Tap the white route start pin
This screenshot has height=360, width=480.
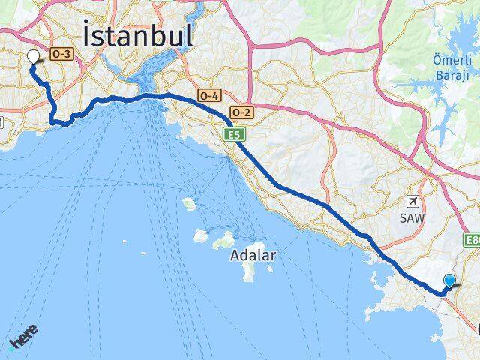(x=33, y=57)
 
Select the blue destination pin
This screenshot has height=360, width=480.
(x=449, y=281)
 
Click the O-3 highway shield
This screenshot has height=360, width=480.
(x=59, y=55)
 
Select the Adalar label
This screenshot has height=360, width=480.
(x=253, y=255)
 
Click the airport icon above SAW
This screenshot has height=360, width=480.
(x=412, y=201)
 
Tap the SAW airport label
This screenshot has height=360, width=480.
(x=413, y=218)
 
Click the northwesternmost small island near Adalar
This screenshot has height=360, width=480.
(x=189, y=203)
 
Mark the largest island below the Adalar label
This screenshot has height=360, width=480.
(x=249, y=271)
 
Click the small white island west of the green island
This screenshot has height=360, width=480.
(x=200, y=235)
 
